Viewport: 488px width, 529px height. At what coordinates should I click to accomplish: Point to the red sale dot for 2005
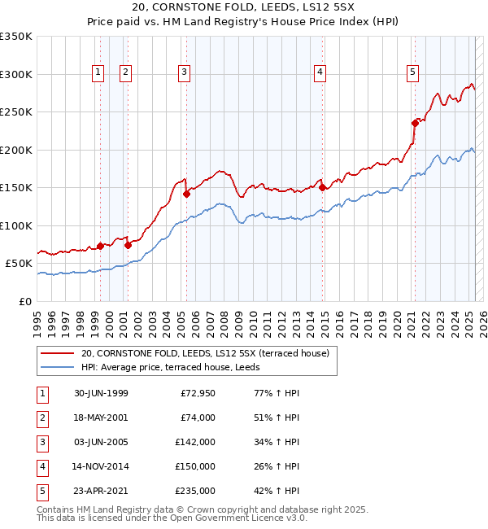186,194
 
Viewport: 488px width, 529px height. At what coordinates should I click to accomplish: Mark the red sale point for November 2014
323,187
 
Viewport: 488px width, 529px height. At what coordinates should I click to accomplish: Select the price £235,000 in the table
196,491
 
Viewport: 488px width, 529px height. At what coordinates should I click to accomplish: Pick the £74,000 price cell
198,418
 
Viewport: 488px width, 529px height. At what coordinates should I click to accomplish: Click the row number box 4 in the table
42,466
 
